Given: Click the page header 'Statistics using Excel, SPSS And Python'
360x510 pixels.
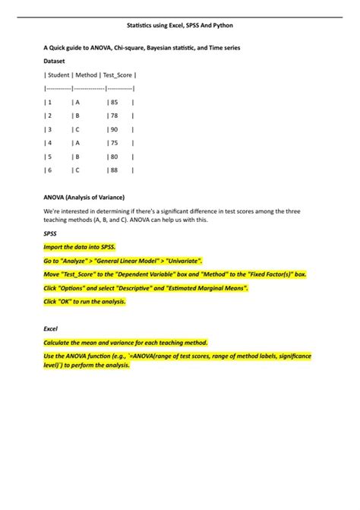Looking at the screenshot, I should pyautogui.click(x=179, y=25).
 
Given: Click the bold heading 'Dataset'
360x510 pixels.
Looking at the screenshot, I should pyautogui.click(x=55, y=60).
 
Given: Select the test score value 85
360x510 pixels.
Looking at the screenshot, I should pyautogui.click(x=114, y=101).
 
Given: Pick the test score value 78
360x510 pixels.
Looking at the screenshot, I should pyautogui.click(x=114, y=116).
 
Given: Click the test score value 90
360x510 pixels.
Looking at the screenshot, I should pyautogui.click(x=114, y=129).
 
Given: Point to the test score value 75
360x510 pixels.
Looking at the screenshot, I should pyautogui.click(x=114, y=143).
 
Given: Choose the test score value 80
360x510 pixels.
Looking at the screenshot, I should pyautogui.click(x=114, y=157).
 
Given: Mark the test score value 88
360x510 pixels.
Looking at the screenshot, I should pyautogui.click(x=114, y=170).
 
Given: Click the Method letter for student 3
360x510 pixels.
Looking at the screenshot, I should pyautogui.click(x=76, y=129).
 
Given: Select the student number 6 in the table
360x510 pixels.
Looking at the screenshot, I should pyautogui.click(x=49, y=170).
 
